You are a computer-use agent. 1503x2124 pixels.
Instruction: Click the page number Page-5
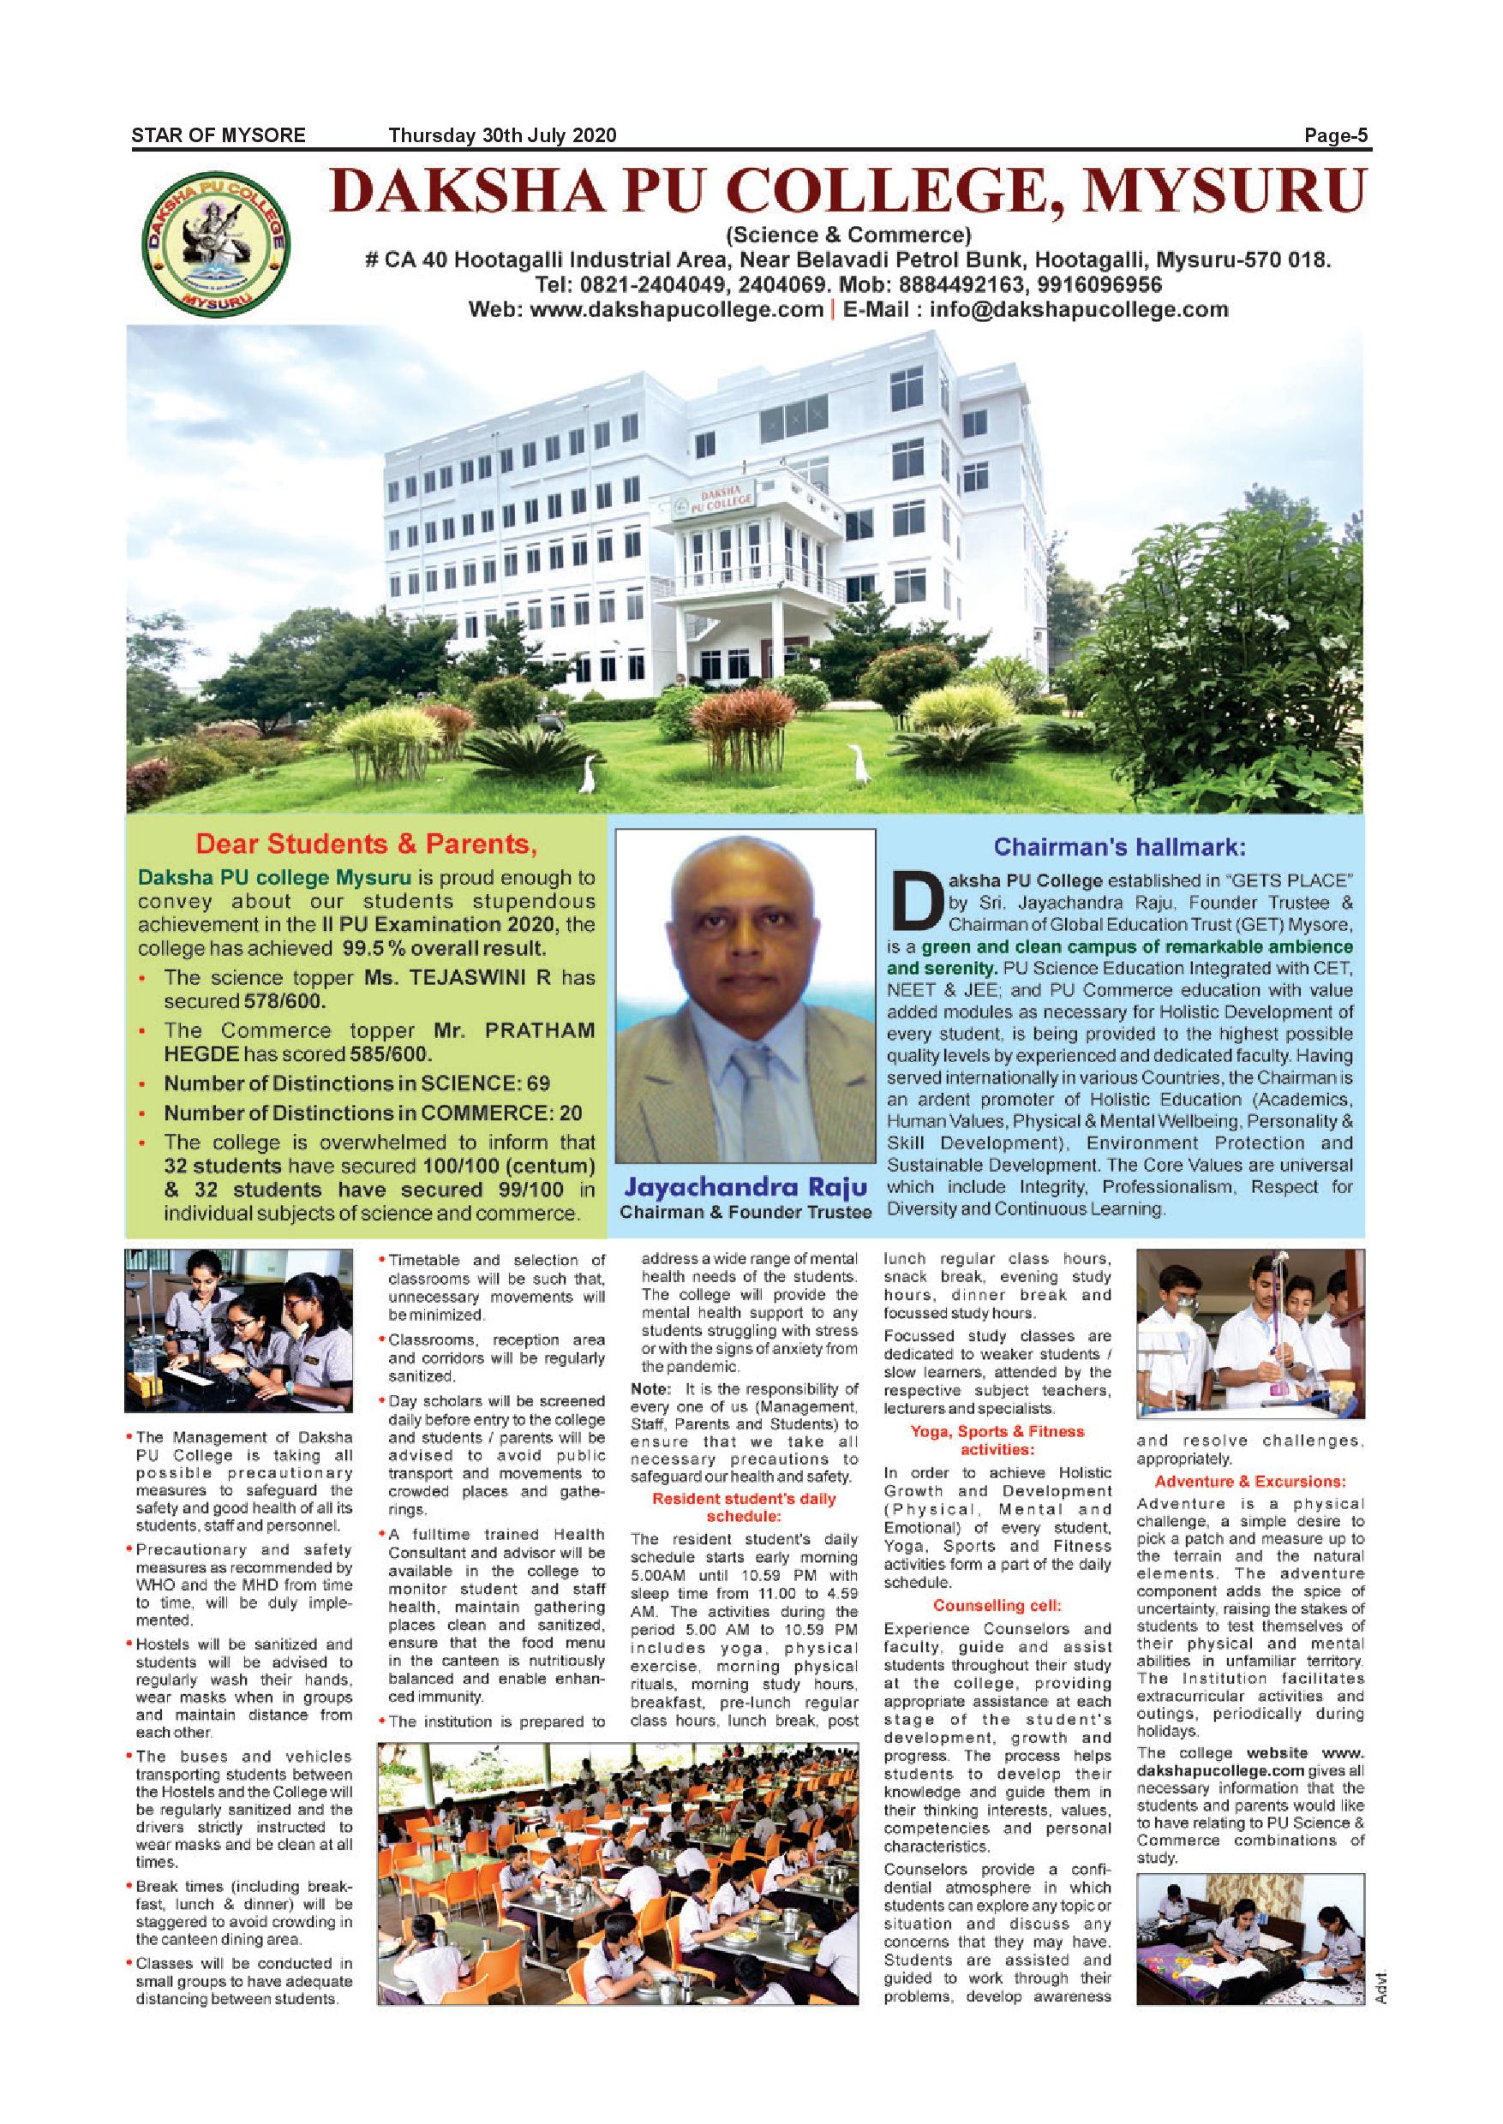coord(1336,136)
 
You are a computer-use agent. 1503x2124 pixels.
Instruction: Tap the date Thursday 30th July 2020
coord(501,136)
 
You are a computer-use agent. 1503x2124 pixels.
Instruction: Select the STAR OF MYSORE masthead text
coord(219,136)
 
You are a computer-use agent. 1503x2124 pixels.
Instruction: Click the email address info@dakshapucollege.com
coord(1079,309)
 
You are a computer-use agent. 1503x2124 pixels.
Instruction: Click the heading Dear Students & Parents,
coord(367,844)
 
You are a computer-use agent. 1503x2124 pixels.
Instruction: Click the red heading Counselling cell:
coord(997,1606)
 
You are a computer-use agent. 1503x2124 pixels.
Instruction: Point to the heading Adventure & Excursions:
coord(1249,1481)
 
